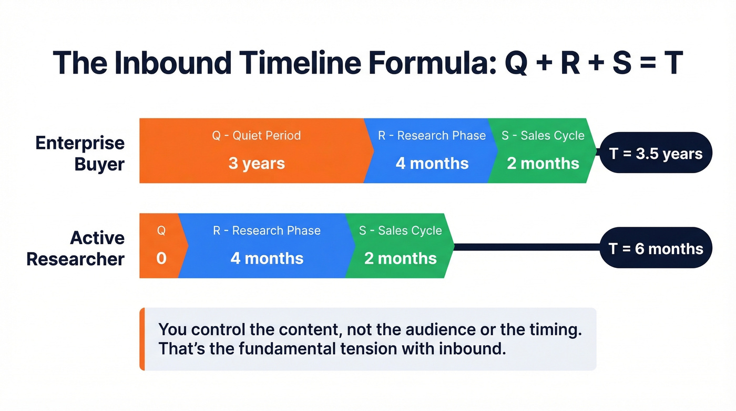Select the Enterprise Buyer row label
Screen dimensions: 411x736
pyautogui.click(x=80, y=153)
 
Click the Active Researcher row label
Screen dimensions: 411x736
pyautogui.click(x=76, y=248)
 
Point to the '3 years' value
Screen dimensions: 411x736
pyautogui.click(x=257, y=163)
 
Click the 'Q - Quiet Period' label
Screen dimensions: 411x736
pyautogui.click(x=257, y=135)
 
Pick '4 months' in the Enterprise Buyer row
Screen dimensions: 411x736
pyautogui.click(x=432, y=163)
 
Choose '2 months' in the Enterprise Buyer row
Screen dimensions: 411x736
pyautogui.click(x=543, y=163)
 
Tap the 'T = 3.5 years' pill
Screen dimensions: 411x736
pyautogui.click(x=656, y=154)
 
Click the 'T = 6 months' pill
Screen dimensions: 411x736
pyautogui.click(x=656, y=248)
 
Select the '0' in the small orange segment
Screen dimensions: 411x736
pyautogui.click(x=161, y=258)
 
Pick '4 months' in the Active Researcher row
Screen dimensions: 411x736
pyautogui.click(x=267, y=258)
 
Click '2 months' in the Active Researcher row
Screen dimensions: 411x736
pyautogui.click(x=401, y=258)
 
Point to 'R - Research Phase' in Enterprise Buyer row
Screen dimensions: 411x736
pyautogui.click(x=432, y=135)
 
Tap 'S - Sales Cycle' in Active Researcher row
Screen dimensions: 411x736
pyautogui.click(x=401, y=230)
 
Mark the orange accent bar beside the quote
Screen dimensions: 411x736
pyautogui.click(x=142, y=339)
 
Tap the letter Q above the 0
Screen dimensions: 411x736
pyautogui.click(x=161, y=230)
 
